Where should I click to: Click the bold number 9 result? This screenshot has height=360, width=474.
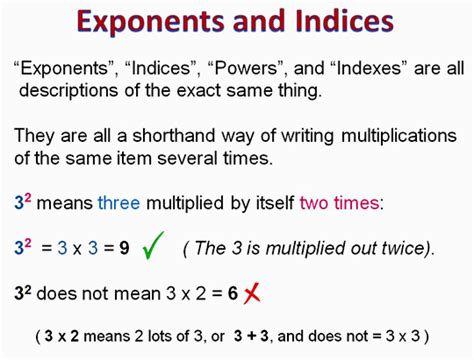[x=126, y=246]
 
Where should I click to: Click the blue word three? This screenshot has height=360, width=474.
[x=117, y=203]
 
